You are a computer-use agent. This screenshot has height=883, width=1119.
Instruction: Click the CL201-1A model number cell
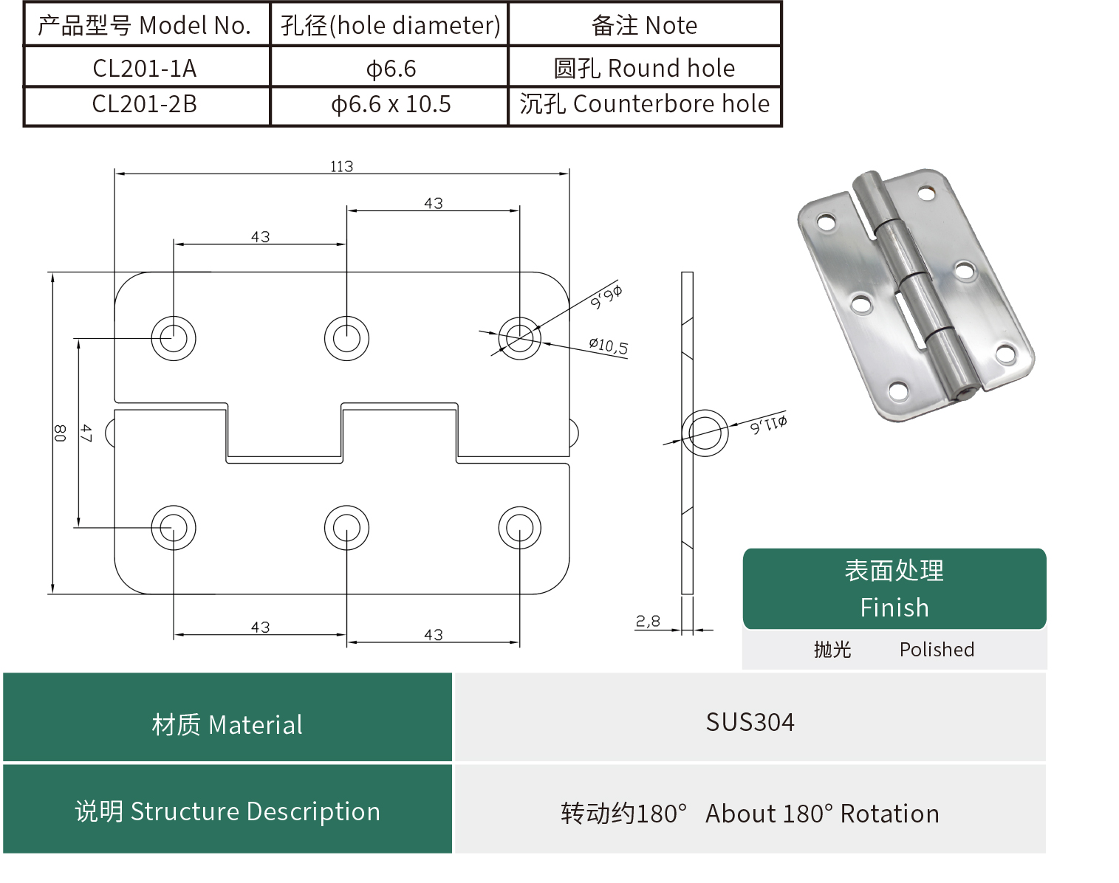[x=145, y=68]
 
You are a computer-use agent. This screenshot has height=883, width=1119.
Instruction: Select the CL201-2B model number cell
[x=145, y=104]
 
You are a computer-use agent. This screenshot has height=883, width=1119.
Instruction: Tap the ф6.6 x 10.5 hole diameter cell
[x=391, y=104]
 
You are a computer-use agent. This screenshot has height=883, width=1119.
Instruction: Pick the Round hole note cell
[x=644, y=68]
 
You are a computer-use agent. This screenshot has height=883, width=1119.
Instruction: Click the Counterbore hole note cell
[x=644, y=104]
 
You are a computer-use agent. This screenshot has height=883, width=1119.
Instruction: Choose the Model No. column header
[x=145, y=25]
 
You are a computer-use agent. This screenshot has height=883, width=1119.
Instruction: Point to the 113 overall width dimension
[x=341, y=166]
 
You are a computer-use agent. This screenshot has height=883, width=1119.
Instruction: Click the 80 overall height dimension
[x=60, y=433]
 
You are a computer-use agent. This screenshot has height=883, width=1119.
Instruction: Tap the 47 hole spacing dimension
[x=86, y=433]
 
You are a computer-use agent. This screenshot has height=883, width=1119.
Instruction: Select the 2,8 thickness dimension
[x=648, y=622]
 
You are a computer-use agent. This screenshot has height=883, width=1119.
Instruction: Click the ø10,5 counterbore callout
[x=608, y=346]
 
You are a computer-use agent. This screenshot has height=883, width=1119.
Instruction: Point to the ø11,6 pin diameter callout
[x=768, y=425]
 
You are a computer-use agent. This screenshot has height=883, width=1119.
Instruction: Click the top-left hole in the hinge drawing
[x=174, y=338]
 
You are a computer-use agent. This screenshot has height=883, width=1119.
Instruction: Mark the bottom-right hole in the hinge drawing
[x=520, y=528]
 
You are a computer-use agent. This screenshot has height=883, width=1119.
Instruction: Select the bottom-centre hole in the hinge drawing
[x=346, y=528]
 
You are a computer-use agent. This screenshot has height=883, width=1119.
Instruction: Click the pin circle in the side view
[x=705, y=433]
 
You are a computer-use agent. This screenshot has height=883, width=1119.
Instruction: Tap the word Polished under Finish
[x=937, y=650]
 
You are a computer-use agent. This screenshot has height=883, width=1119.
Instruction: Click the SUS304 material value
[x=750, y=721]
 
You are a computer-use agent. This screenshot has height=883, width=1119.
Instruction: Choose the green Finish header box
[x=894, y=589]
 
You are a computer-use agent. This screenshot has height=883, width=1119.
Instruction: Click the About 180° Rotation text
[x=822, y=814]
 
